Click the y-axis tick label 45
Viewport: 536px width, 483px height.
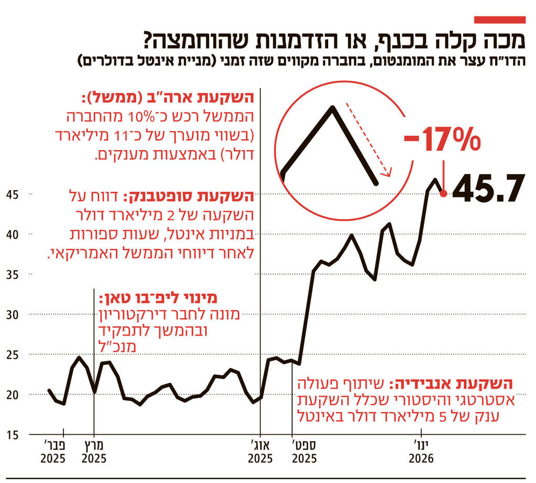[12, 194]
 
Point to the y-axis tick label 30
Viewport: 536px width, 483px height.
[12, 314]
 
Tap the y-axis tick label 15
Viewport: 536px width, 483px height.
[12, 434]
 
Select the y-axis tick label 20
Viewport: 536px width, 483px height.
[12, 394]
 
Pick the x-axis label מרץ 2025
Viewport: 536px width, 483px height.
[95, 452]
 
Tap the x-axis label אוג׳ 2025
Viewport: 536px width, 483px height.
[260, 452]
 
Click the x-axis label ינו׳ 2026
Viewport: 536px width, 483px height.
[422, 452]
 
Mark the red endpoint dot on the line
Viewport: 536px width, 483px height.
[444, 194]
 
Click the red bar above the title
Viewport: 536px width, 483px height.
[499, 20]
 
